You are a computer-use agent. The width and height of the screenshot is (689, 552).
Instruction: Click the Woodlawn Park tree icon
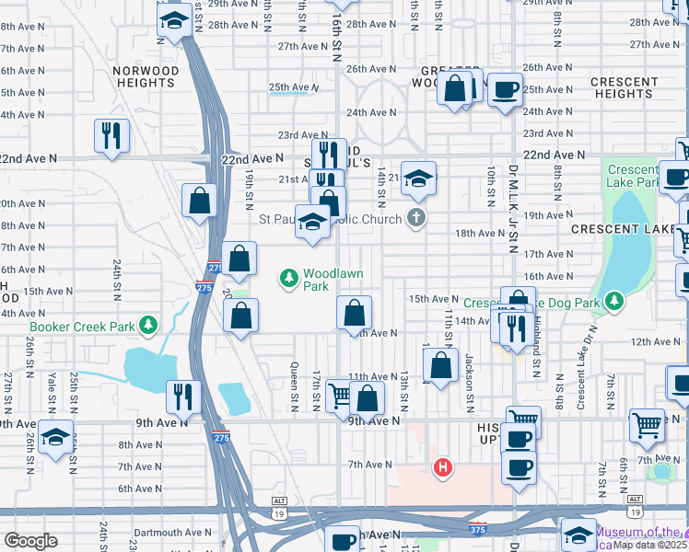tap(289, 276)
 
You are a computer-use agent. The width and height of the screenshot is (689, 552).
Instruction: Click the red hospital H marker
tap(443, 468)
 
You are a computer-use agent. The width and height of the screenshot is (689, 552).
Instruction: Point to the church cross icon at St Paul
tap(417, 219)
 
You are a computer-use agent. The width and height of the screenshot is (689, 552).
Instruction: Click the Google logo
tap(30, 541)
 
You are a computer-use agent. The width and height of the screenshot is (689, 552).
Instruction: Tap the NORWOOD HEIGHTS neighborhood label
tap(146, 76)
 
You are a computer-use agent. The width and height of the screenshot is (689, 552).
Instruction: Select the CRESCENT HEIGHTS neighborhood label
tap(624, 87)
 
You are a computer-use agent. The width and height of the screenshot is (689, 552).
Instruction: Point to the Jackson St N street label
tap(468, 371)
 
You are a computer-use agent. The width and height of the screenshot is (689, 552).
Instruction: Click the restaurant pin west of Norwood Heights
tap(111, 135)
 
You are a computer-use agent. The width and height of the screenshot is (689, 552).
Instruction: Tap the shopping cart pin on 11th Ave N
tap(339, 395)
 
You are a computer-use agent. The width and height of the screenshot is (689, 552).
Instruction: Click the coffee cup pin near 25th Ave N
tap(504, 89)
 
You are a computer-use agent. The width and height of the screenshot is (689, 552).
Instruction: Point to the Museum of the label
tap(640, 532)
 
